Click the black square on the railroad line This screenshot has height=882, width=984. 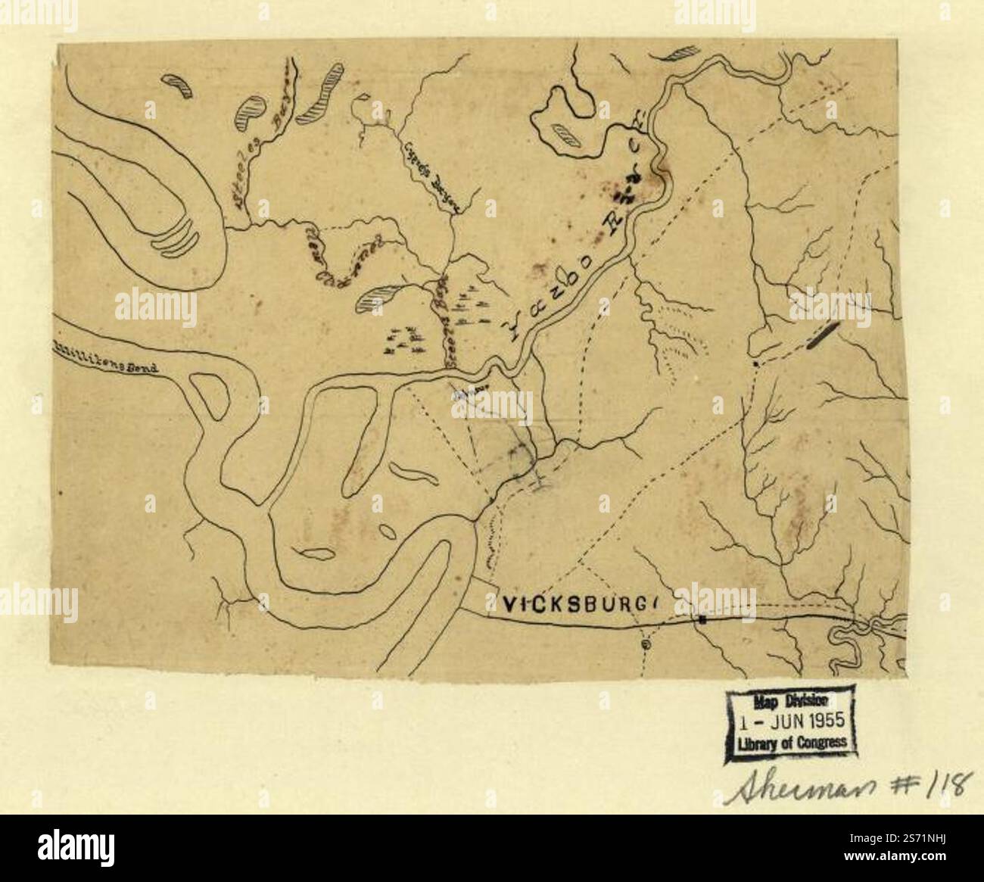click(702, 620)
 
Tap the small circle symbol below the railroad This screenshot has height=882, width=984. click(646, 644)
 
